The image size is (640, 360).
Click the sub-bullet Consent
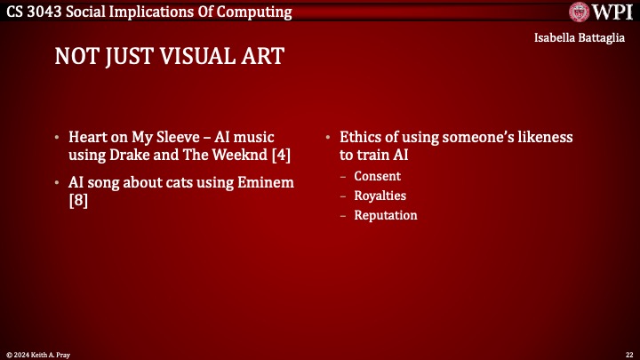point(377,176)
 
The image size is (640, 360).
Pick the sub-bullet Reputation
point(386,215)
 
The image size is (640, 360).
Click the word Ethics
point(360,138)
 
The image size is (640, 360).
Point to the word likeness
point(545,138)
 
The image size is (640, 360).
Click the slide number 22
point(629,355)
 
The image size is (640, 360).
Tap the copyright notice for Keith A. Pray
point(40,355)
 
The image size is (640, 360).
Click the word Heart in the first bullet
point(88,138)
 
